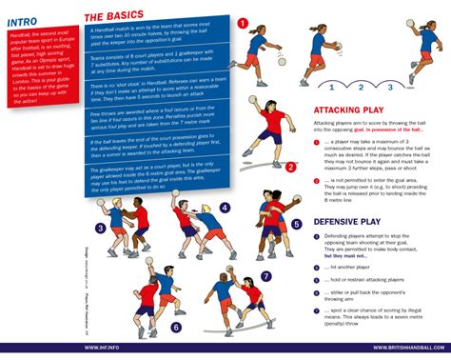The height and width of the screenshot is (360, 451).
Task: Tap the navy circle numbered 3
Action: click(100, 229)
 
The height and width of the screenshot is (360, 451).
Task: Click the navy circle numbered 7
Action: click(265, 276)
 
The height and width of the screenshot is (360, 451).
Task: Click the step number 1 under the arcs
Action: click(328, 87)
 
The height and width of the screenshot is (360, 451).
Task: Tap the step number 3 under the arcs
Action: click(389, 87)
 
